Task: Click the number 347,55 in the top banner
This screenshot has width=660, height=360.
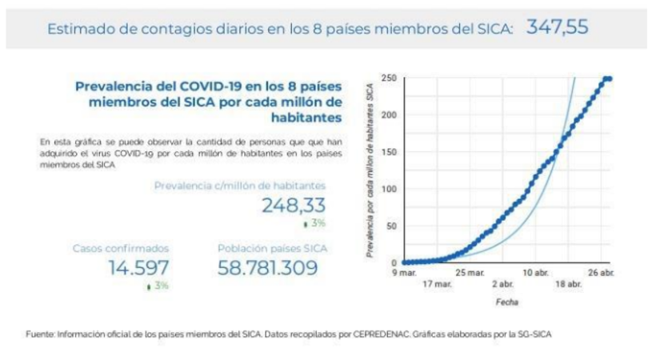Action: pyautogui.click(x=558, y=27)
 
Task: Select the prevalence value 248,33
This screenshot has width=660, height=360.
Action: pyautogui.click(x=293, y=206)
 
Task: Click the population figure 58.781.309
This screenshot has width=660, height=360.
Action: pyautogui.click(x=272, y=267)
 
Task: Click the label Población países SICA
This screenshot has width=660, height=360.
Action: pyautogui.click(x=272, y=248)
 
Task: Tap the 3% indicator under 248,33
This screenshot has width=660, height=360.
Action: pyautogui.click(x=314, y=223)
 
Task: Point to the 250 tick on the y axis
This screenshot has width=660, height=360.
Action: pyautogui.click(x=390, y=78)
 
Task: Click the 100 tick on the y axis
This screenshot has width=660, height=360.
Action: pyautogui.click(x=390, y=189)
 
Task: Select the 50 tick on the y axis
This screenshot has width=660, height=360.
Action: pyautogui.click(x=392, y=226)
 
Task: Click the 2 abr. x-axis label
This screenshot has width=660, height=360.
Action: pyautogui.click(x=502, y=284)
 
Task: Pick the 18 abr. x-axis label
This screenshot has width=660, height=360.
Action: pyautogui.click(x=568, y=284)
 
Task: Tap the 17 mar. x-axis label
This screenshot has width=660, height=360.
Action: pyautogui.click(x=437, y=284)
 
